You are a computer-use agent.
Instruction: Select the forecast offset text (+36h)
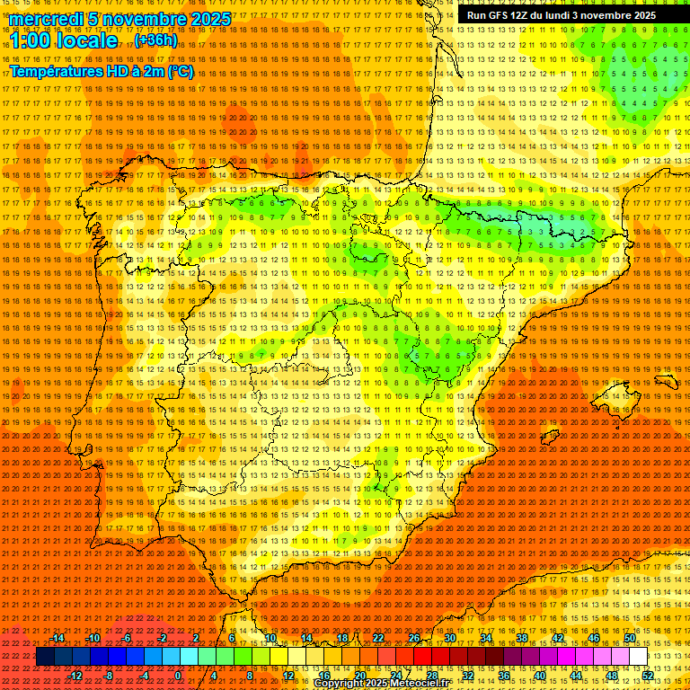[x=155, y=40]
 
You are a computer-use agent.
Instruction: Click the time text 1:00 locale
[x=64, y=40]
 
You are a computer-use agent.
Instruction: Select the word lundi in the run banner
[x=588, y=15]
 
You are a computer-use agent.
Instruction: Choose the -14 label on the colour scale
[x=57, y=638]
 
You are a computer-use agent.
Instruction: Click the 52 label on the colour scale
[x=647, y=676]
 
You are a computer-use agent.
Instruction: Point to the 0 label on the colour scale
[x=178, y=676]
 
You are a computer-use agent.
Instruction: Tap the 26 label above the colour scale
[x=413, y=638]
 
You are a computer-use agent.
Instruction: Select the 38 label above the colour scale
[x=521, y=638]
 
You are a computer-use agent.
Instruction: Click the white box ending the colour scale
[x=638, y=657]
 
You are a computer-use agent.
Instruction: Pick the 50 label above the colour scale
[x=629, y=638]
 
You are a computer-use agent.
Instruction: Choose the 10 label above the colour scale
[x=270, y=638]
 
